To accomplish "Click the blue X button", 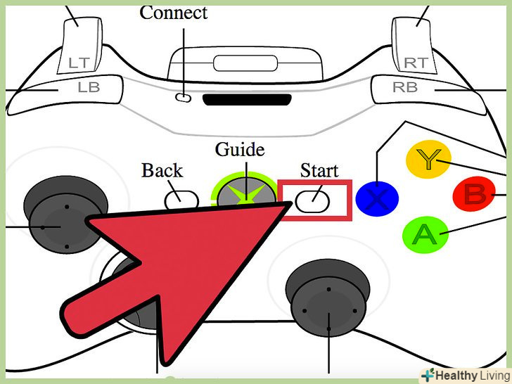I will pos(377,198).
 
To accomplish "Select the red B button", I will pos(475,194).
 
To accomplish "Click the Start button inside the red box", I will pos(313,202).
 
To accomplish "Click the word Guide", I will pos(240,150).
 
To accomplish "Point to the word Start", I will pos(319,170).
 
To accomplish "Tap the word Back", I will pos(162,170).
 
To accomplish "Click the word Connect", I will pos(174,12).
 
